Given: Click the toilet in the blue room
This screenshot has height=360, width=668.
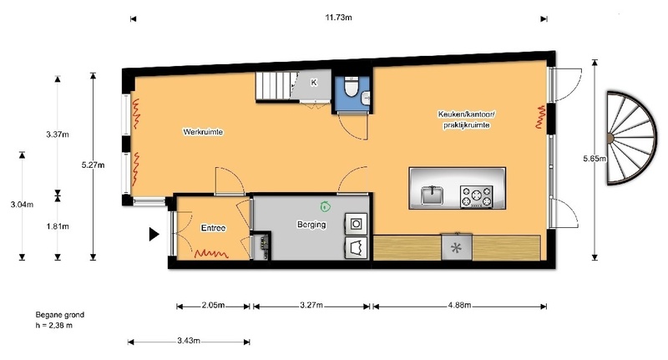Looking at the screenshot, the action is (x=352, y=87).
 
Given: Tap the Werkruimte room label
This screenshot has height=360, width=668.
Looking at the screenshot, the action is (x=203, y=132).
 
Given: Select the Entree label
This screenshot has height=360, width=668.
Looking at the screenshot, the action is (x=213, y=228).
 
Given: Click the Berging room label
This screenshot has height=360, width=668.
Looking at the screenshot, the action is (x=311, y=225).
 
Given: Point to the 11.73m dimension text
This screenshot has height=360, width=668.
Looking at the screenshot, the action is (x=339, y=18).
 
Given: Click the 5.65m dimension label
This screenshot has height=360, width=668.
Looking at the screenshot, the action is (x=595, y=159).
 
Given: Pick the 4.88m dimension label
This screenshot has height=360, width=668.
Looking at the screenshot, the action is (x=460, y=305).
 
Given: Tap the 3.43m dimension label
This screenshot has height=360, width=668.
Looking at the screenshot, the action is (x=189, y=341).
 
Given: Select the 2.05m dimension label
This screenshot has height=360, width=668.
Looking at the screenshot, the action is (x=213, y=305).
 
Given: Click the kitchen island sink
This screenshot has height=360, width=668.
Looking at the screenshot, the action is (x=432, y=195).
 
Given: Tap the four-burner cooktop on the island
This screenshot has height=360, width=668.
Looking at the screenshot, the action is (x=476, y=197).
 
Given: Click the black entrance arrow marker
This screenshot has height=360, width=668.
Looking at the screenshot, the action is (x=154, y=235).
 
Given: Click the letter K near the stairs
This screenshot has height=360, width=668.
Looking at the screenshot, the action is (x=314, y=82).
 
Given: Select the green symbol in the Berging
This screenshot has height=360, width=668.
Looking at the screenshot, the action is (x=325, y=206).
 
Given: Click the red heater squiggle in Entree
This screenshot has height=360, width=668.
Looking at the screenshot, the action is (x=211, y=254).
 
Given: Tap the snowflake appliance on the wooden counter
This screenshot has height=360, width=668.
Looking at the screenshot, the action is (x=456, y=247).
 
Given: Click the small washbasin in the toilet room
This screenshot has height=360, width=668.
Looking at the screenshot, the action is (x=366, y=99).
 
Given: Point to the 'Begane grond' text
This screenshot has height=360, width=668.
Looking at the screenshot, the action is (x=59, y=315).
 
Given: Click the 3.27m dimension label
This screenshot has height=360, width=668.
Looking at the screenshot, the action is (x=311, y=305).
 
